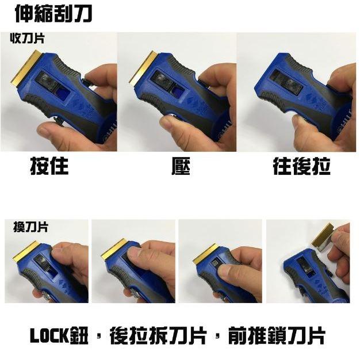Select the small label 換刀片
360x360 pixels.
click(x=30, y=227)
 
